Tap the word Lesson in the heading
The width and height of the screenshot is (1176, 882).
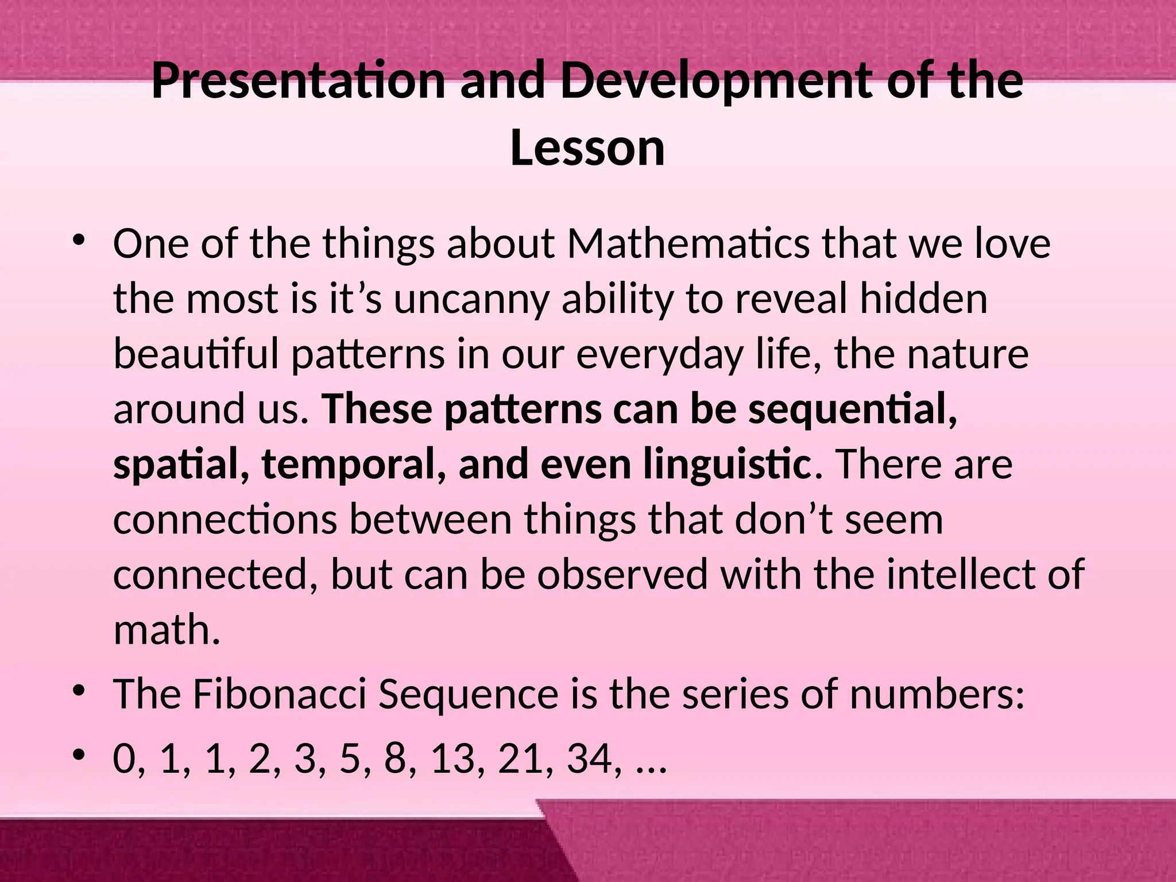[587, 148]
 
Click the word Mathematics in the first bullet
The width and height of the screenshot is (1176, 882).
[688, 243]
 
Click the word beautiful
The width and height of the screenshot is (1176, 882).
[196, 354]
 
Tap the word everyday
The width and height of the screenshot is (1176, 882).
[659, 355]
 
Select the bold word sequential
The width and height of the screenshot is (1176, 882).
[852, 409]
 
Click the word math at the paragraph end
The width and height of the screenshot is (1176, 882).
[167, 629]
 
